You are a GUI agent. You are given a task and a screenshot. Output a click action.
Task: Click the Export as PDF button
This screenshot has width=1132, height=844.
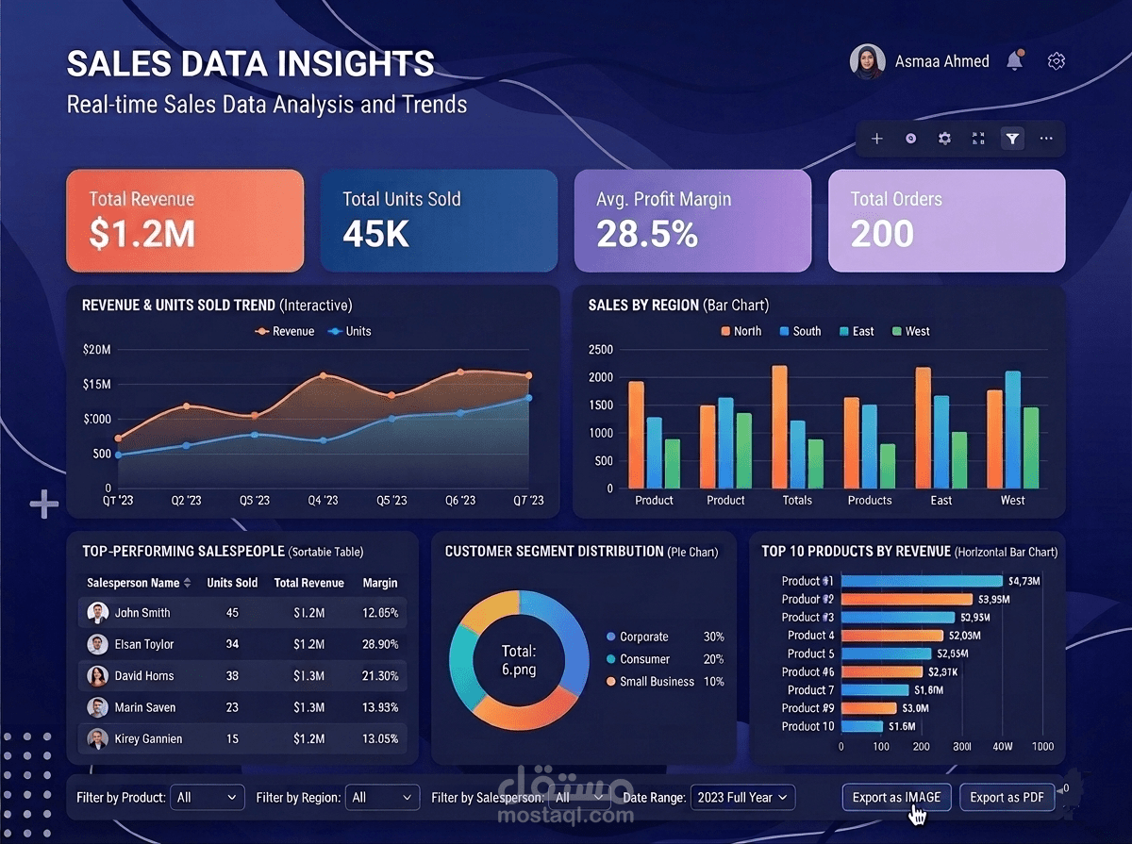pyautogui.click(x=1006, y=797)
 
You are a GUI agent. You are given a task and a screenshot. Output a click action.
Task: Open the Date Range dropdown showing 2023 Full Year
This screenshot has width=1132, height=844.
pyautogui.click(x=742, y=797)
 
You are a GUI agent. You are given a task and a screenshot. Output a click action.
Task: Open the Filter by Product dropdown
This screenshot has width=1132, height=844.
pyautogui.click(x=208, y=797)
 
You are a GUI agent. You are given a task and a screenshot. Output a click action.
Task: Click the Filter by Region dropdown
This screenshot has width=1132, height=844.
pyautogui.click(x=382, y=797)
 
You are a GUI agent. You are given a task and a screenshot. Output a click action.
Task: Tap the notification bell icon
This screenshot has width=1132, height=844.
pyautogui.click(x=1014, y=61)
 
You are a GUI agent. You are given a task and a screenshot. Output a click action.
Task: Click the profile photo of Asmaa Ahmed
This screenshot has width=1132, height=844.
pyautogui.click(x=867, y=61)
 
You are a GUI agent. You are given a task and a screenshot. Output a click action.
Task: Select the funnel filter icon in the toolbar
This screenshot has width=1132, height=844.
pyautogui.click(x=1012, y=139)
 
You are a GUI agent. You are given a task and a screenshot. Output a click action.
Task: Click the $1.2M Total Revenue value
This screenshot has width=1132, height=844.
pyautogui.click(x=141, y=234)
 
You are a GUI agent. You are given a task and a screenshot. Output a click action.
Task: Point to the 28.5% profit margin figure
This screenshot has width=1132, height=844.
pyautogui.click(x=647, y=234)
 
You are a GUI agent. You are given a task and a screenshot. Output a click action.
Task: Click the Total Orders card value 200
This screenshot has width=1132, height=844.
pyautogui.click(x=882, y=234)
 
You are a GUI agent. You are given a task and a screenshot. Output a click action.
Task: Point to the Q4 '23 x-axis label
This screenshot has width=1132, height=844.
pyautogui.click(x=323, y=500)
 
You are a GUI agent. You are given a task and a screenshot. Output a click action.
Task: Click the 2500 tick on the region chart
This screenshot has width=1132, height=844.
pyautogui.click(x=600, y=350)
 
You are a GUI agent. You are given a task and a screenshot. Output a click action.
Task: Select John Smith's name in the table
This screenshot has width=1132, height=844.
pyautogui.click(x=142, y=613)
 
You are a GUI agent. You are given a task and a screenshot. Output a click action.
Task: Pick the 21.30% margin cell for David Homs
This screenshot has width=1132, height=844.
pyautogui.click(x=380, y=676)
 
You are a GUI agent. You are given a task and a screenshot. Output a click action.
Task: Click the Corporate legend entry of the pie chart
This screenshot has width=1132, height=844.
pyautogui.click(x=643, y=637)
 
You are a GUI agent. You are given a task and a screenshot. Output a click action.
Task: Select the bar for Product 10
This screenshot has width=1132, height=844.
pyautogui.click(x=861, y=726)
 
